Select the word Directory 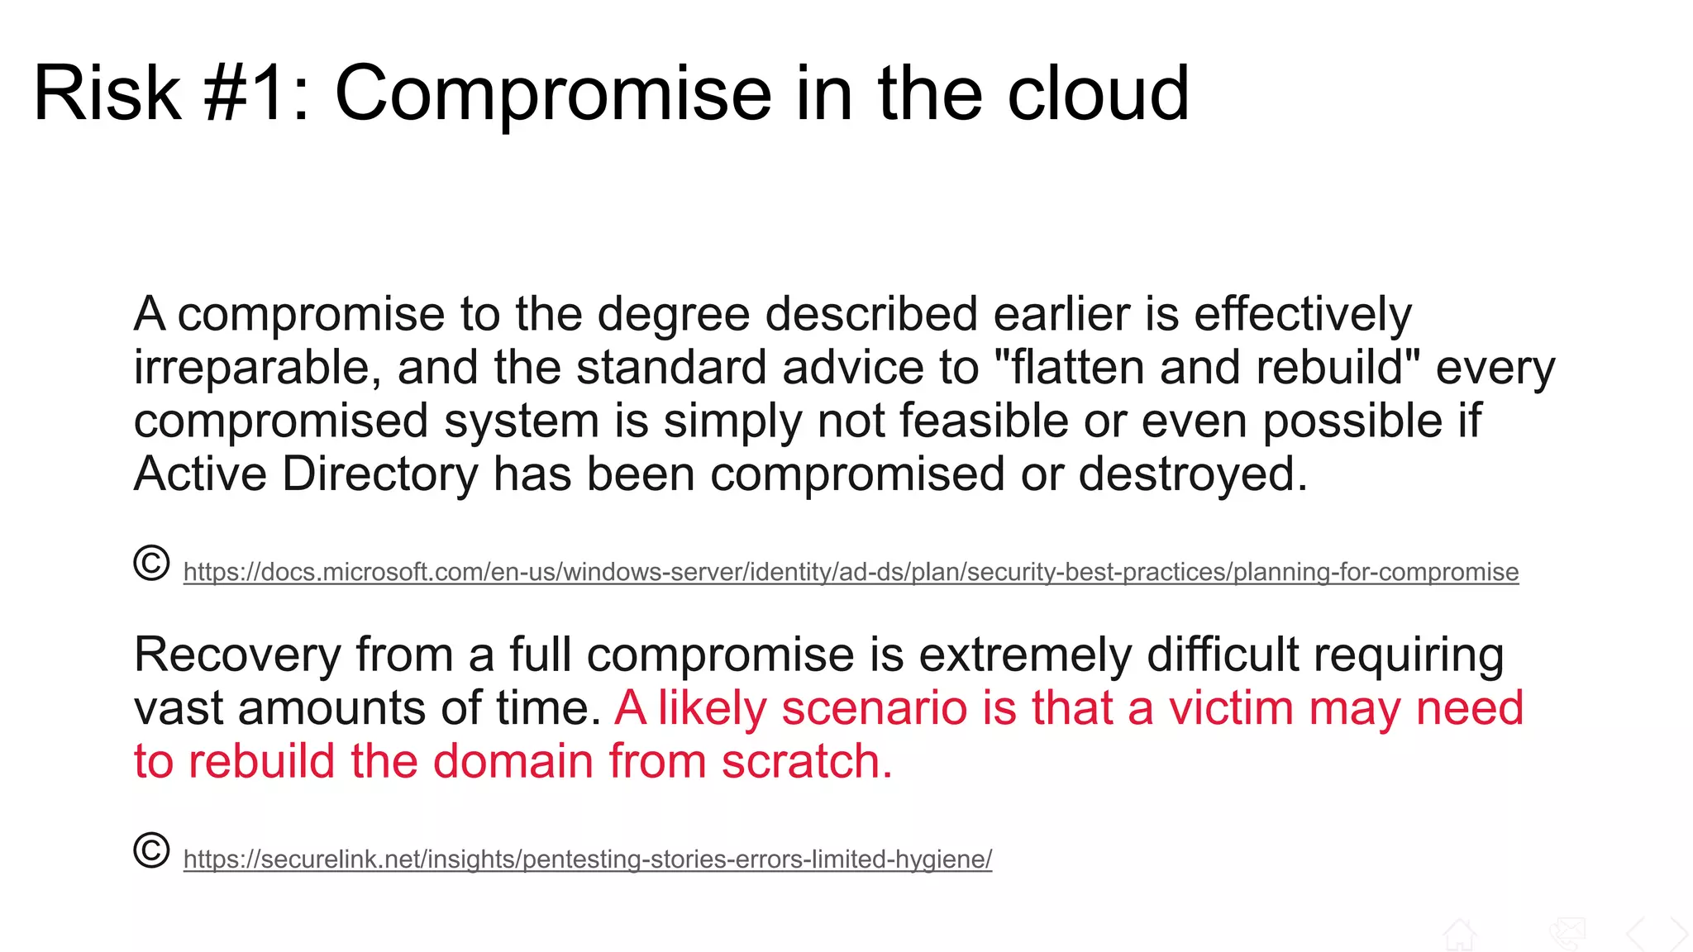coord(380,474)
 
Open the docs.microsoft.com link coord(851,572)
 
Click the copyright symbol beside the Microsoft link coord(151,564)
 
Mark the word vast coord(179,708)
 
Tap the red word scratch coord(807,761)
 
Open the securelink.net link coord(587,859)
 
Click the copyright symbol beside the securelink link coord(151,851)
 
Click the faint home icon coord(1459,935)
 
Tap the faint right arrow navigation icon coord(1678,935)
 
